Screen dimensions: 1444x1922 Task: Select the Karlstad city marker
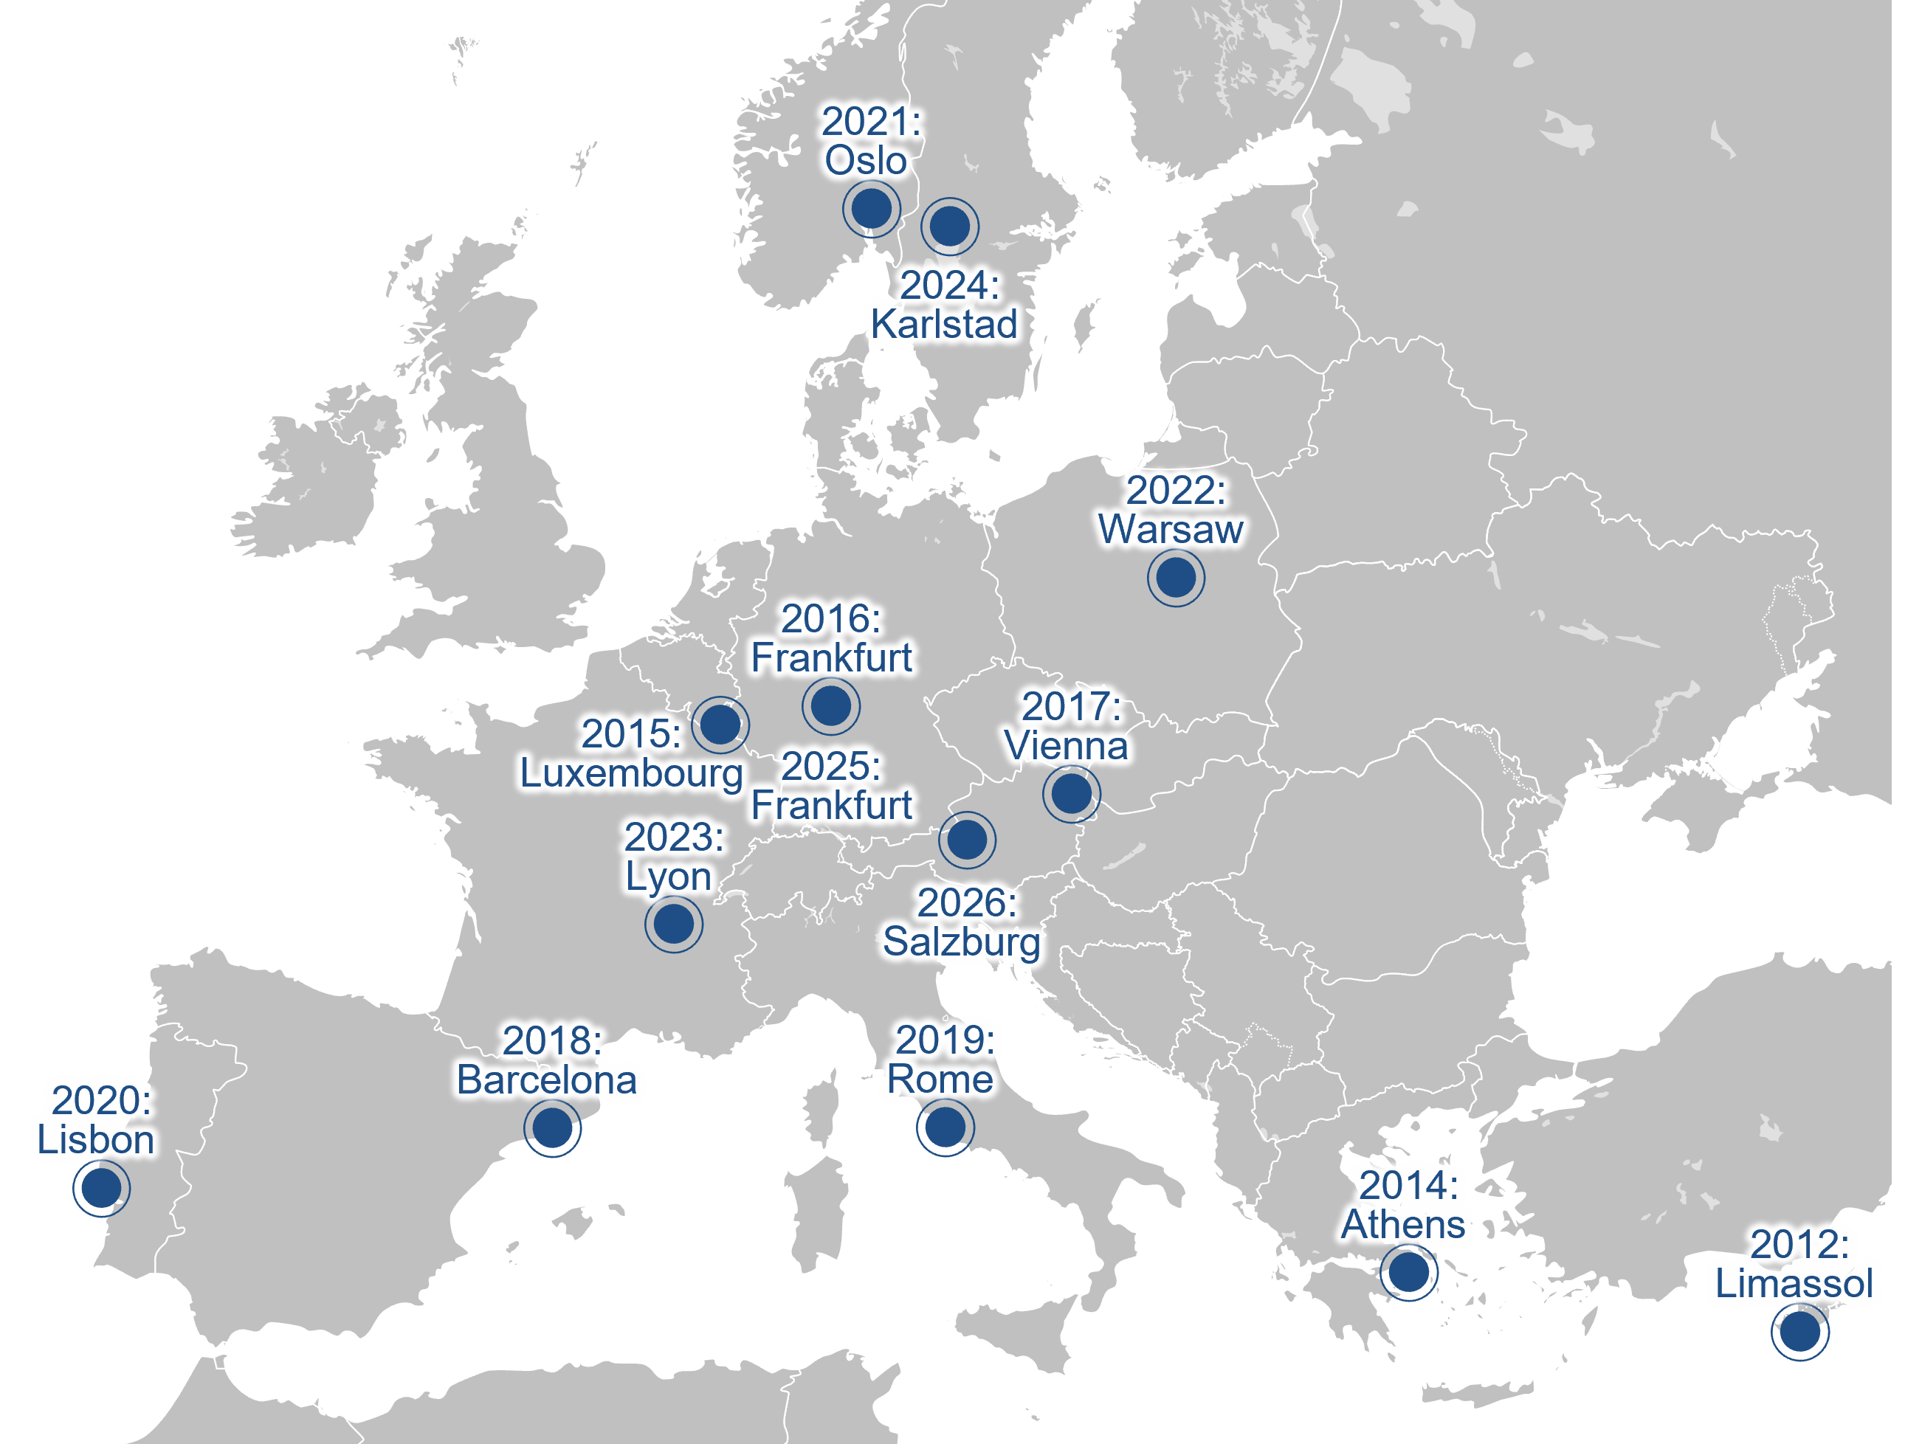(x=950, y=226)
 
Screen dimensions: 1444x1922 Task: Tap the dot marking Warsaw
(x=1176, y=578)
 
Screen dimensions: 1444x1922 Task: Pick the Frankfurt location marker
(x=830, y=705)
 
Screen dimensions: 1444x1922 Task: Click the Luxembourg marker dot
(x=720, y=724)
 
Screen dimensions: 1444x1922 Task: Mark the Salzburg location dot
(x=967, y=839)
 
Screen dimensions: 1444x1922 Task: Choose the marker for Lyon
(x=673, y=924)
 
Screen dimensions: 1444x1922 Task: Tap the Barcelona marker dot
(x=552, y=1127)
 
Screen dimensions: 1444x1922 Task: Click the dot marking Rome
(x=945, y=1127)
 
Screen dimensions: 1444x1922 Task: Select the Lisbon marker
(x=101, y=1186)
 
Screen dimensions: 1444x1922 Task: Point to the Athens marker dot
(x=1408, y=1272)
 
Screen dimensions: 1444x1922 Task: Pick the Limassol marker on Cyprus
(x=1799, y=1331)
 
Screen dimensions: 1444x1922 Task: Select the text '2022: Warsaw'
(x=1171, y=510)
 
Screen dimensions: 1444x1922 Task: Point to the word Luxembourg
(x=632, y=773)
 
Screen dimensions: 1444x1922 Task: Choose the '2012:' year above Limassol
(x=1799, y=1244)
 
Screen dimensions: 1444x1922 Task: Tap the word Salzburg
(x=961, y=942)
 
